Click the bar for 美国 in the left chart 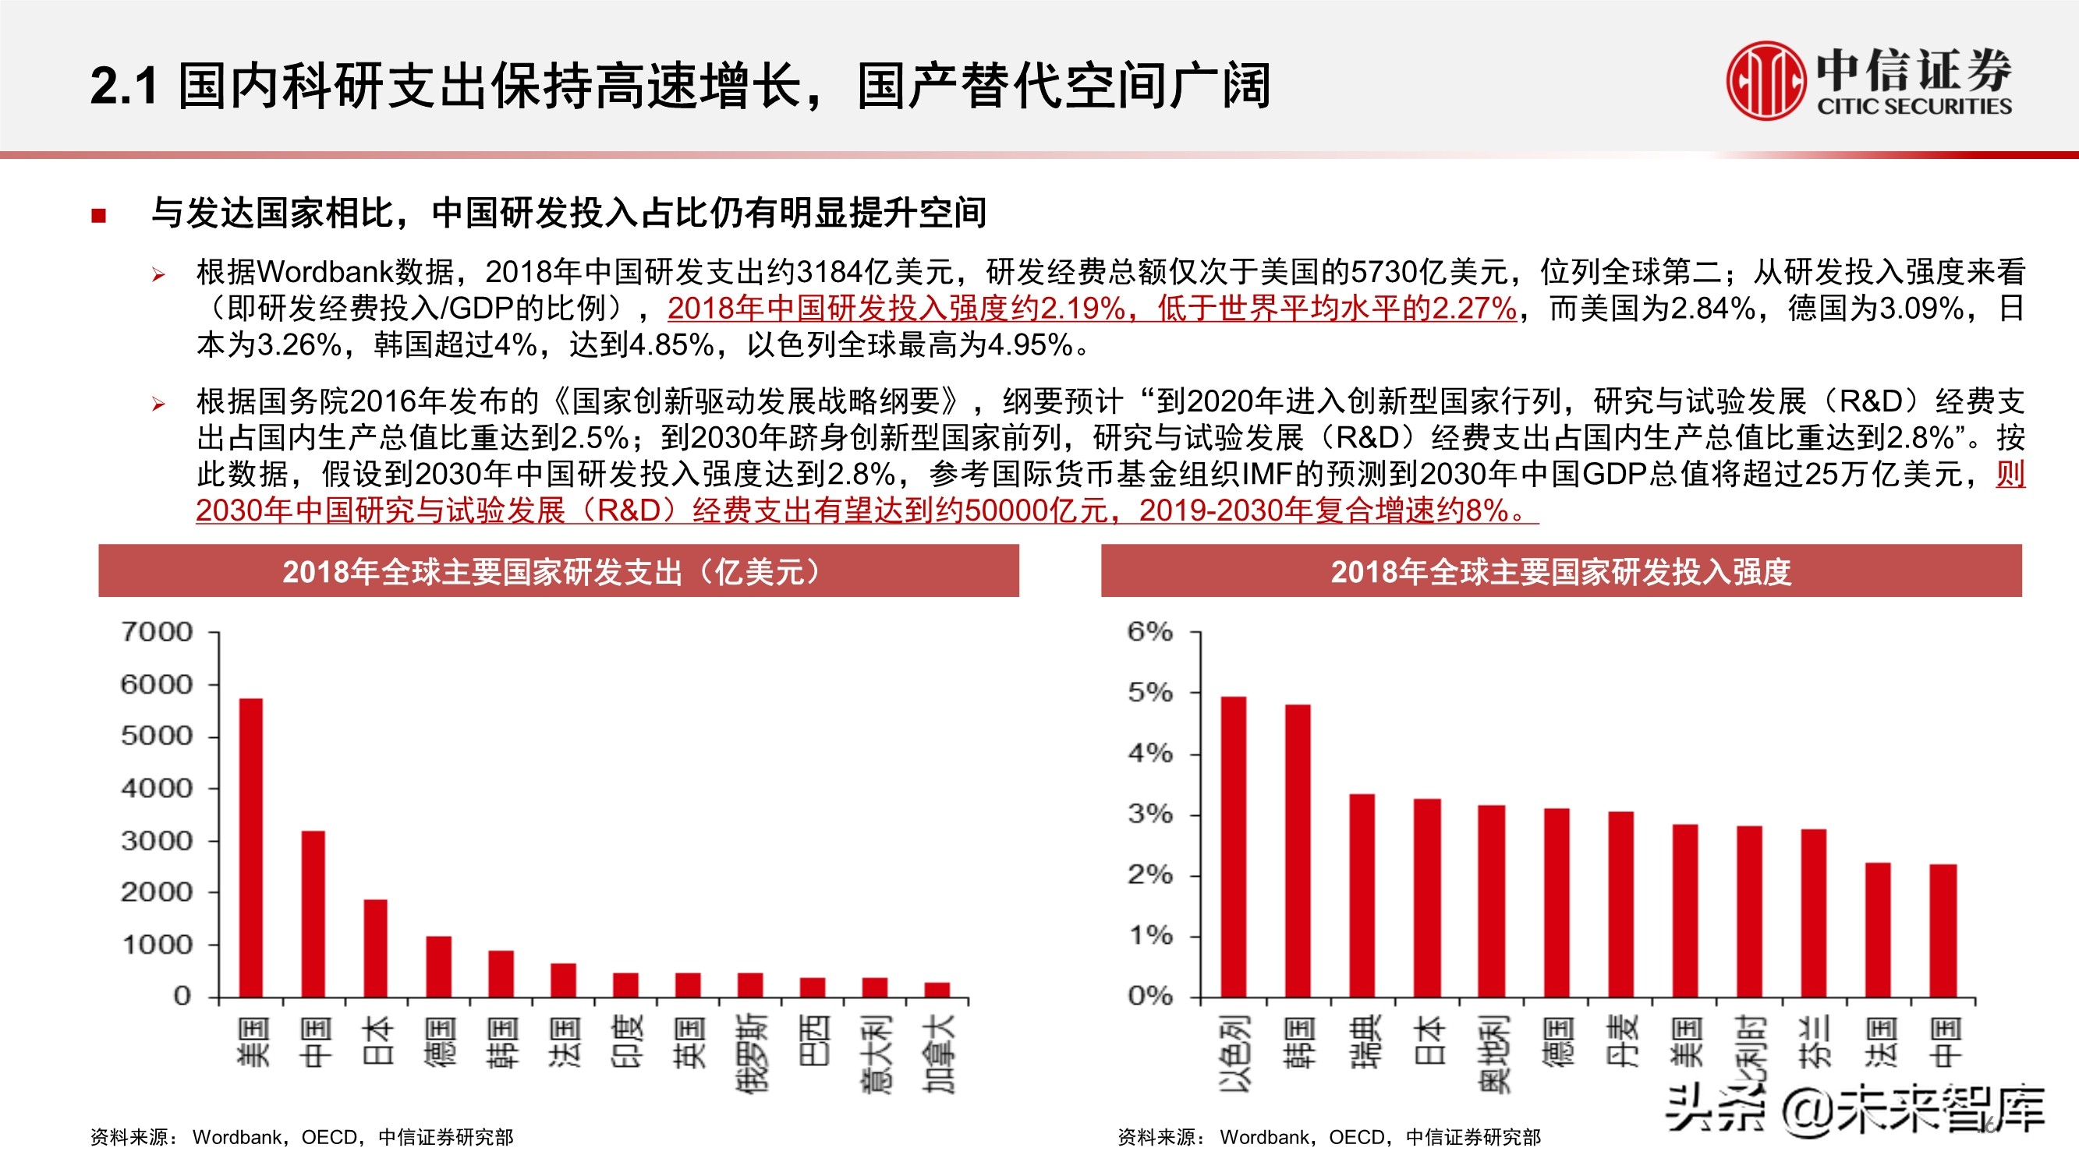pos(251,847)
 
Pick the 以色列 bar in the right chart pos(1233,847)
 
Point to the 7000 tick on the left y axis pos(158,632)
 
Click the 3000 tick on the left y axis pos(158,841)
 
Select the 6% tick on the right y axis pos(1150,632)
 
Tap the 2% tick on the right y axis pos(1150,874)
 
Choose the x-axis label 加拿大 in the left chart pos(939,1053)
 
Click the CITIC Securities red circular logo pos(1765,81)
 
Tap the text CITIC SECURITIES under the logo pos(1914,107)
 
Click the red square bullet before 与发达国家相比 pos(98,214)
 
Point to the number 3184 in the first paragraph pos(829,273)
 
